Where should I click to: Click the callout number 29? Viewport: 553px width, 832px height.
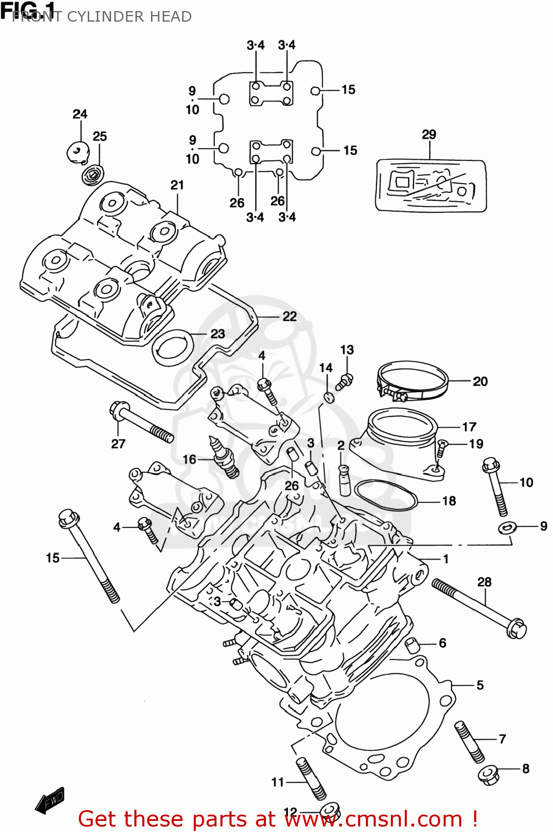pos(429,134)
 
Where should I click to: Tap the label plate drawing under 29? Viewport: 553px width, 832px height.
pos(431,185)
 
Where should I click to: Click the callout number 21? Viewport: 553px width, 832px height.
pos(177,185)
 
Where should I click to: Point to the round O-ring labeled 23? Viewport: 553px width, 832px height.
pos(172,347)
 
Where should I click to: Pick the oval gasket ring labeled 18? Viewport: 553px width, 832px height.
pos(385,495)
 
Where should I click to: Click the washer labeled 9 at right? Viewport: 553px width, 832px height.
pos(507,527)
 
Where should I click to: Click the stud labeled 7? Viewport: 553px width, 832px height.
pos(469,742)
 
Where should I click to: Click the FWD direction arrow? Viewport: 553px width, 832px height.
pos(50,801)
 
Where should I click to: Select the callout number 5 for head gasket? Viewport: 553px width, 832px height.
pos(480,685)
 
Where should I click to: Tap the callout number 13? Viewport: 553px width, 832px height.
pos(346,349)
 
